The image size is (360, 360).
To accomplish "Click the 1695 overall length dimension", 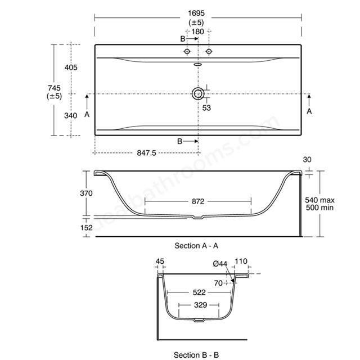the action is pyautogui.click(x=196, y=13).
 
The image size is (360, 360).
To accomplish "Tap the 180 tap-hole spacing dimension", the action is pyautogui.click(x=197, y=31).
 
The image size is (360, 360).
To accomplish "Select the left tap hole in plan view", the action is pyautogui.click(x=187, y=51).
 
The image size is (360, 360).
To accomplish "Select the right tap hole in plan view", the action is pyautogui.click(x=209, y=51).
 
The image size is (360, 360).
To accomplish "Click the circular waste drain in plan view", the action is pyautogui.click(x=198, y=94).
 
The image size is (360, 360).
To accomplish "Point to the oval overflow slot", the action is pyautogui.click(x=197, y=65).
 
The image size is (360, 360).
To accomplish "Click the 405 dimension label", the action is pyautogui.click(x=71, y=67).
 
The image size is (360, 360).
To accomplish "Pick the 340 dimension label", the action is pyautogui.click(x=71, y=115).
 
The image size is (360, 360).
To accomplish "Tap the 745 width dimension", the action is pyautogui.click(x=55, y=88).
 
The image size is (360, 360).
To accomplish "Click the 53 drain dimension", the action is pyautogui.click(x=206, y=108).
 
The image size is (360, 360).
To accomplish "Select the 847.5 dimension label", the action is pyautogui.click(x=146, y=153).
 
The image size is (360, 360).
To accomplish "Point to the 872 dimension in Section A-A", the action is pyautogui.click(x=198, y=201).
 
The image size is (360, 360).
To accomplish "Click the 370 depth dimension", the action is pyautogui.click(x=86, y=193).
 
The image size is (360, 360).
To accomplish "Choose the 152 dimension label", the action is pyautogui.click(x=86, y=228).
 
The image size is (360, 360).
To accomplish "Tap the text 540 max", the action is pyautogui.click(x=319, y=200).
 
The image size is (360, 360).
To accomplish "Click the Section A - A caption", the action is pyautogui.click(x=196, y=246).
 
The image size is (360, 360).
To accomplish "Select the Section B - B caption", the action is pyautogui.click(x=196, y=355).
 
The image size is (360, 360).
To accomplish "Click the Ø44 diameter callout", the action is pyautogui.click(x=220, y=264).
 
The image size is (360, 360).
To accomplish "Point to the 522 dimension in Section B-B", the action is pyautogui.click(x=199, y=292).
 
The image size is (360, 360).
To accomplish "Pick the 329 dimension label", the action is pyautogui.click(x=200, y=305).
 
